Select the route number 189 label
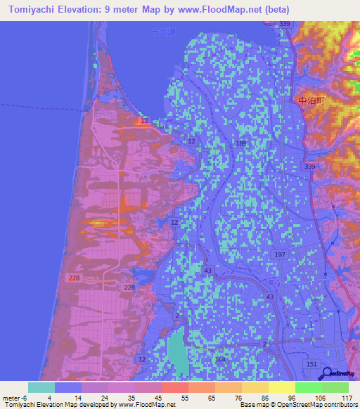(x=241, y=143)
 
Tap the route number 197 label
(x=280, y=254)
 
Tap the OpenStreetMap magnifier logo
(x=326, y=373)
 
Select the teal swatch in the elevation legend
(x=41, y=387)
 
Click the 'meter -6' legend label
(x=16, y=398)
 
